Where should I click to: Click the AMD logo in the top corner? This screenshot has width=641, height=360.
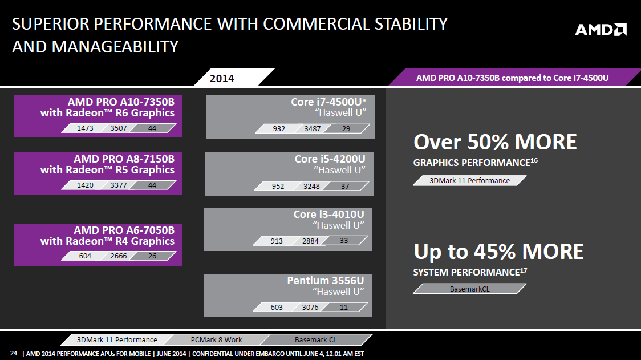601,30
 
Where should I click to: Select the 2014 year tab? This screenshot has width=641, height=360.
222,78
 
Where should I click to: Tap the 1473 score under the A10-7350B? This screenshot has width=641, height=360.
85,128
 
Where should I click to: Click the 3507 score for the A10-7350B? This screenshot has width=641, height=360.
119,128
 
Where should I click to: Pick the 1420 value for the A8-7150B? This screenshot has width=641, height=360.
85,185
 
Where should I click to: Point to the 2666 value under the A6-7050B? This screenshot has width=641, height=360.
119,256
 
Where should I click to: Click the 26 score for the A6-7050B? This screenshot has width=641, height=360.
152,256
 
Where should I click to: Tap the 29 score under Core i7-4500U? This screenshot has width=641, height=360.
346,129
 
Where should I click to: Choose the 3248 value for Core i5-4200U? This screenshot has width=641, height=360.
312,186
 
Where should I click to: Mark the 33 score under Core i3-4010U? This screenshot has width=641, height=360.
344,241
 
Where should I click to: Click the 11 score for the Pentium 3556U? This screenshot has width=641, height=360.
344,308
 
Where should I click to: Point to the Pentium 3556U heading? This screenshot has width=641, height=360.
325,281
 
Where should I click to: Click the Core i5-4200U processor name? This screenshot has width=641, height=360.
330,159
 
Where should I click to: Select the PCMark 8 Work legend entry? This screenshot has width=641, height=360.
216,339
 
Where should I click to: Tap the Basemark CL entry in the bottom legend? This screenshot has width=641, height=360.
316,339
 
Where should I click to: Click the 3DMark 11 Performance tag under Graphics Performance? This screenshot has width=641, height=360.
469,181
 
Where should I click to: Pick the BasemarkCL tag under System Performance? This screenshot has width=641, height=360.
469,289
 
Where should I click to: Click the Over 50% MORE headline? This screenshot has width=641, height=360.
495,142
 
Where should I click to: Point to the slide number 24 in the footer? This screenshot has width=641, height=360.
14,354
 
